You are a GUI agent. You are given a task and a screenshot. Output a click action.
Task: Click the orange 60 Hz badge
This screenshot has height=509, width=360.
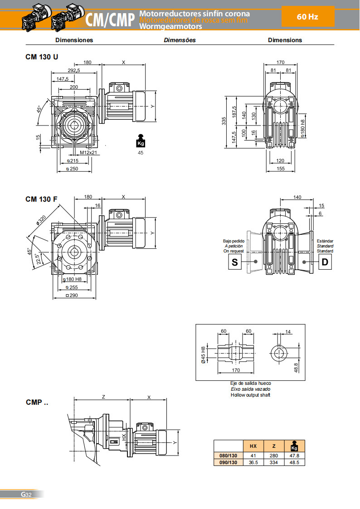(x=308, y=17)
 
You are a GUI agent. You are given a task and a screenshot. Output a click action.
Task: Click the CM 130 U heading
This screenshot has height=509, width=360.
(x=42, y=58)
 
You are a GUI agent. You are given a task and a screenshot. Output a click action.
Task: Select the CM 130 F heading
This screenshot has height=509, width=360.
(x=41, y=199)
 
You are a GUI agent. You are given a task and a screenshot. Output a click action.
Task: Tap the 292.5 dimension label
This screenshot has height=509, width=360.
(x=74, y=70)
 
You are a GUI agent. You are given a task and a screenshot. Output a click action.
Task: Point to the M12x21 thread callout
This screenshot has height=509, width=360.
(x=86, y=153)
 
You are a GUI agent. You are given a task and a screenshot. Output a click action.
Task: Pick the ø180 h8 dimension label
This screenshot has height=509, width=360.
(x=302, y=128)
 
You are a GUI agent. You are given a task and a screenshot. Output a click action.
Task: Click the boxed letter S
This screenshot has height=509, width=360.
(x=234, y=262)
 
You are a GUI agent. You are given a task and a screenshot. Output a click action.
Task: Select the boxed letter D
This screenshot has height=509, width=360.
(x=325, y=262)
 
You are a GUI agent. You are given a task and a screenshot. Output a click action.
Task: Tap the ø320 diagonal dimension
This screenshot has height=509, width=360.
(x=42, y=221)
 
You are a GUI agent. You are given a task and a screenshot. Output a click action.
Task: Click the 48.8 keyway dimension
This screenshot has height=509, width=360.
(x=296, y=366)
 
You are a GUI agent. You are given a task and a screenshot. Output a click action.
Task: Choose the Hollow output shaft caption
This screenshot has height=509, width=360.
(x=250, y=395)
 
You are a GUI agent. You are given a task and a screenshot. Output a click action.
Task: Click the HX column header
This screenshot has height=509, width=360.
(x=253, y=446)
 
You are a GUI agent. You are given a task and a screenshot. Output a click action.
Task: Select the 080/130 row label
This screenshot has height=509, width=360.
(x=229, y=456)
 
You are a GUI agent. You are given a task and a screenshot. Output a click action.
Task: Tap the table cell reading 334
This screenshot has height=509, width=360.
(x=274, y=462)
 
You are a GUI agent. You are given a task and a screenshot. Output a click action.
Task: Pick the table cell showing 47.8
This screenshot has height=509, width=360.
(x=294, y=456)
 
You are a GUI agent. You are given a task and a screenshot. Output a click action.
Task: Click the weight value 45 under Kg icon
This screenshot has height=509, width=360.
(x=141, y=153)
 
